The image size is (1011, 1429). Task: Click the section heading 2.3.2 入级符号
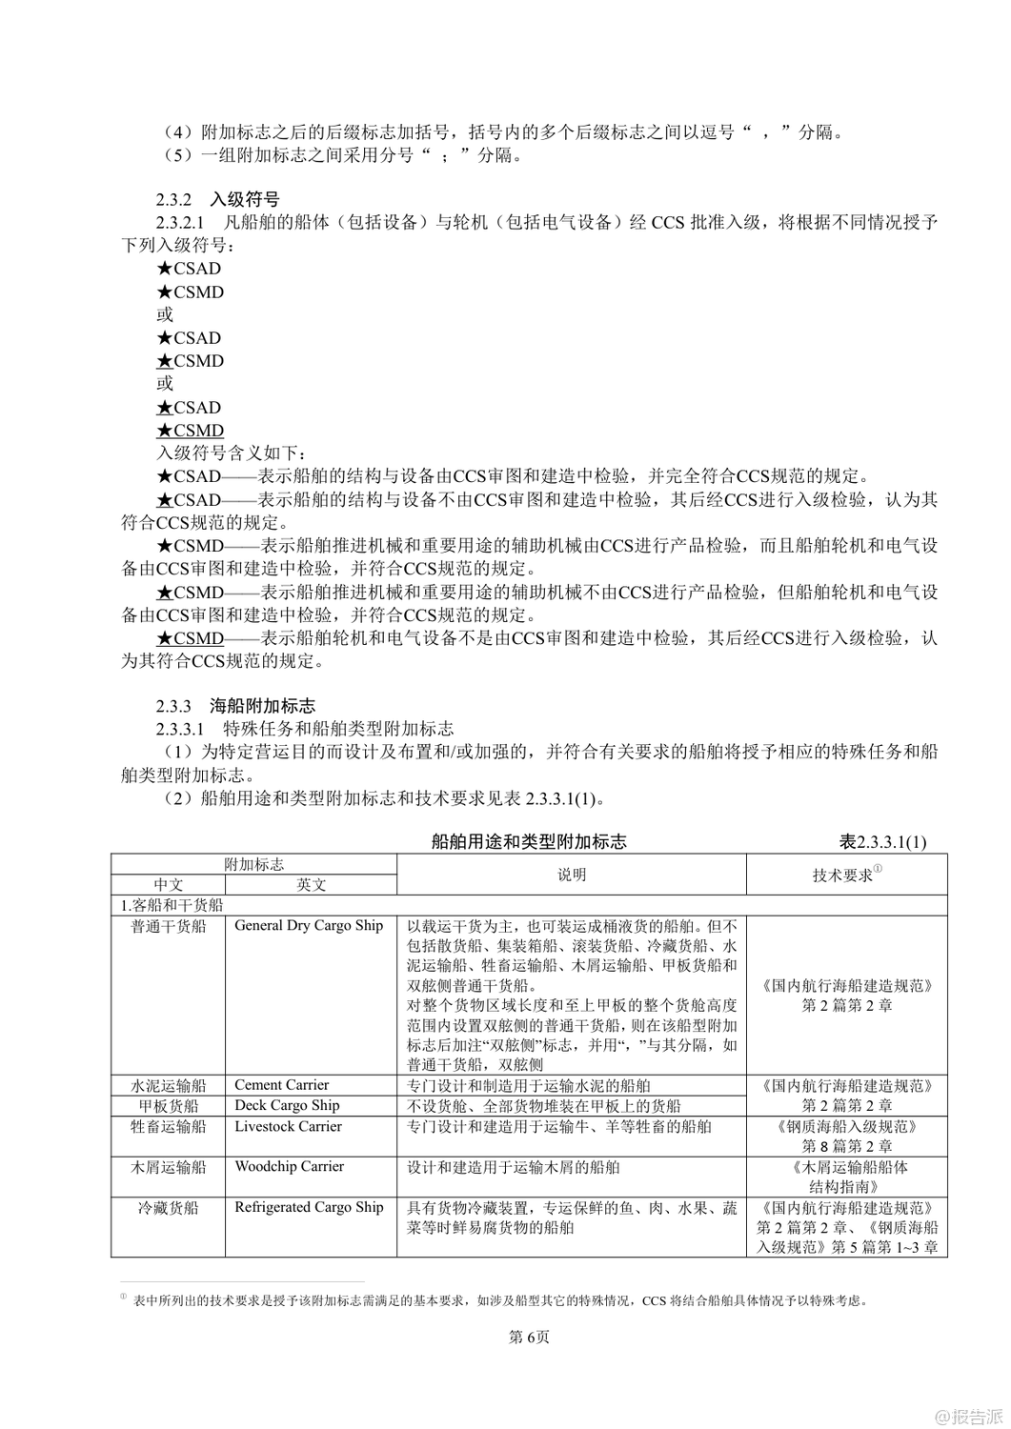[x=218, y=200]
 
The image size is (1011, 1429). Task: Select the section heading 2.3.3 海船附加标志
[x=235, y=706]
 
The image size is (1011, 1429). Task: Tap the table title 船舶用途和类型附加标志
[x=529, y=842]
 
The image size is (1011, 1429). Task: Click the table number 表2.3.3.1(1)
[x=882, y=842]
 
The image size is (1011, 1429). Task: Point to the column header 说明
[x=572, y=875]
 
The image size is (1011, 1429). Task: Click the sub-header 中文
[x=169, y=885]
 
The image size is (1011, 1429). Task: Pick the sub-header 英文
[x=311, y=885]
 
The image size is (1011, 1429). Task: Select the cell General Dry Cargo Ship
[x=309, y=925]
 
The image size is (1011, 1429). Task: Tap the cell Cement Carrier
[x=282, y=1085]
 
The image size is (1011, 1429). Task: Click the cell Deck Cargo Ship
[x=287, y=1105]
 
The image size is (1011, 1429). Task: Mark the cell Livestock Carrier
[x=288, y=1126]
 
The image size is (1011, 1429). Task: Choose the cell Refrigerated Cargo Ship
[x=309, y=1207]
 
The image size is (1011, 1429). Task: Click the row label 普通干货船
[x=169, y=926]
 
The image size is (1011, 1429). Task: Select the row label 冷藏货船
[x=169, y=1208]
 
